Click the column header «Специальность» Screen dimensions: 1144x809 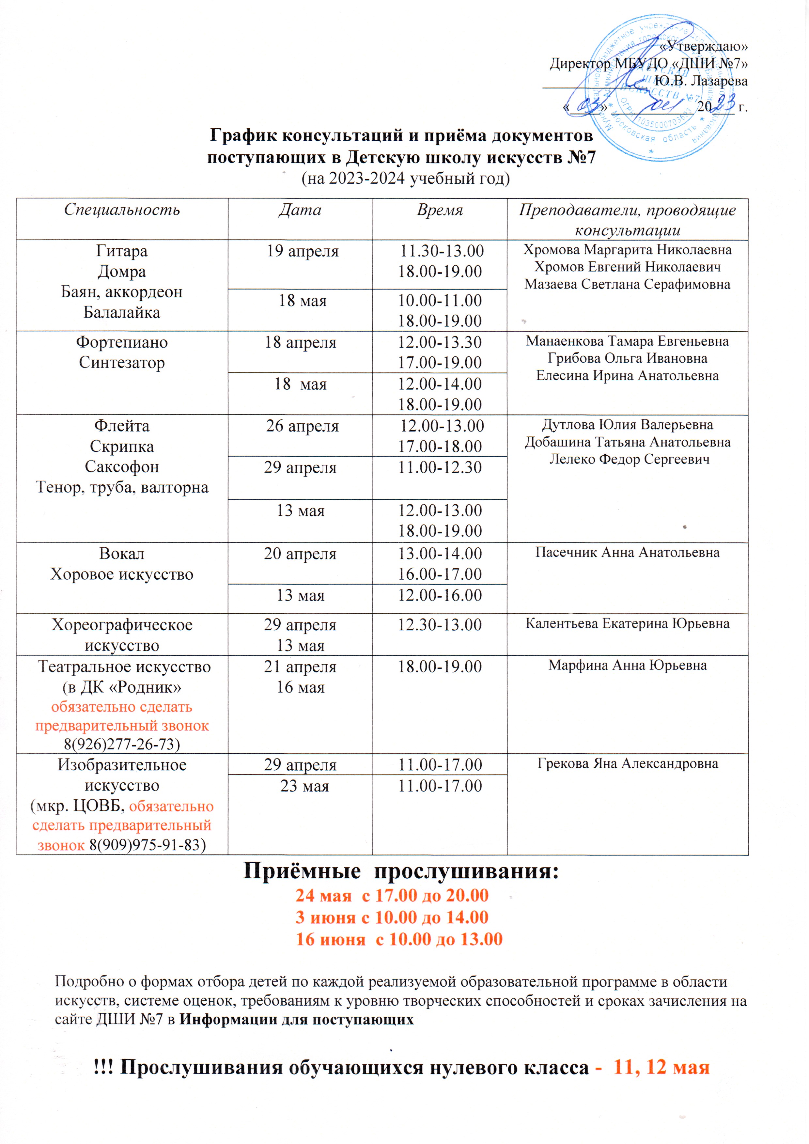pyautogui.click(x=122, y=210)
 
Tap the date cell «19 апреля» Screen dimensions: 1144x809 pyautogui.click(x=303, y=251)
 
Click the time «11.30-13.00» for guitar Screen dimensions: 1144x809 pyautogui.click(x=441, y=251)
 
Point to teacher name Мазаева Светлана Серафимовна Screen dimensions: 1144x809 pyautogui.click(x=627, y=285)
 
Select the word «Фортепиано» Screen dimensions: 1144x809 pyautogui.click(x=122, y=342)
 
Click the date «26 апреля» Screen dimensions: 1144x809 pyautogui.click(x=303, y=426)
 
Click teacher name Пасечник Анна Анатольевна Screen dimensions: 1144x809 pyautogui.click(x=627, y=552)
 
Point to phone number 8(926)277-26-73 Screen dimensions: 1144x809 pyautogui.click(x=122, y=744)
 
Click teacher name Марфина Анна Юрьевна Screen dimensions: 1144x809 pyautogui.click(x=627, y=665)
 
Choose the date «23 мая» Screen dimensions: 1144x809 pyautogui.click(x=304, y=786)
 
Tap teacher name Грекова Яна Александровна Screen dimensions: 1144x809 pyautogui.click(x=627, y=763)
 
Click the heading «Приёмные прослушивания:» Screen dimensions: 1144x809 pyautogui.click(x=401, y=872)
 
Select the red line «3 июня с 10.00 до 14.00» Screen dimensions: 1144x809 pyautogui.click(x=392, y=917)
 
